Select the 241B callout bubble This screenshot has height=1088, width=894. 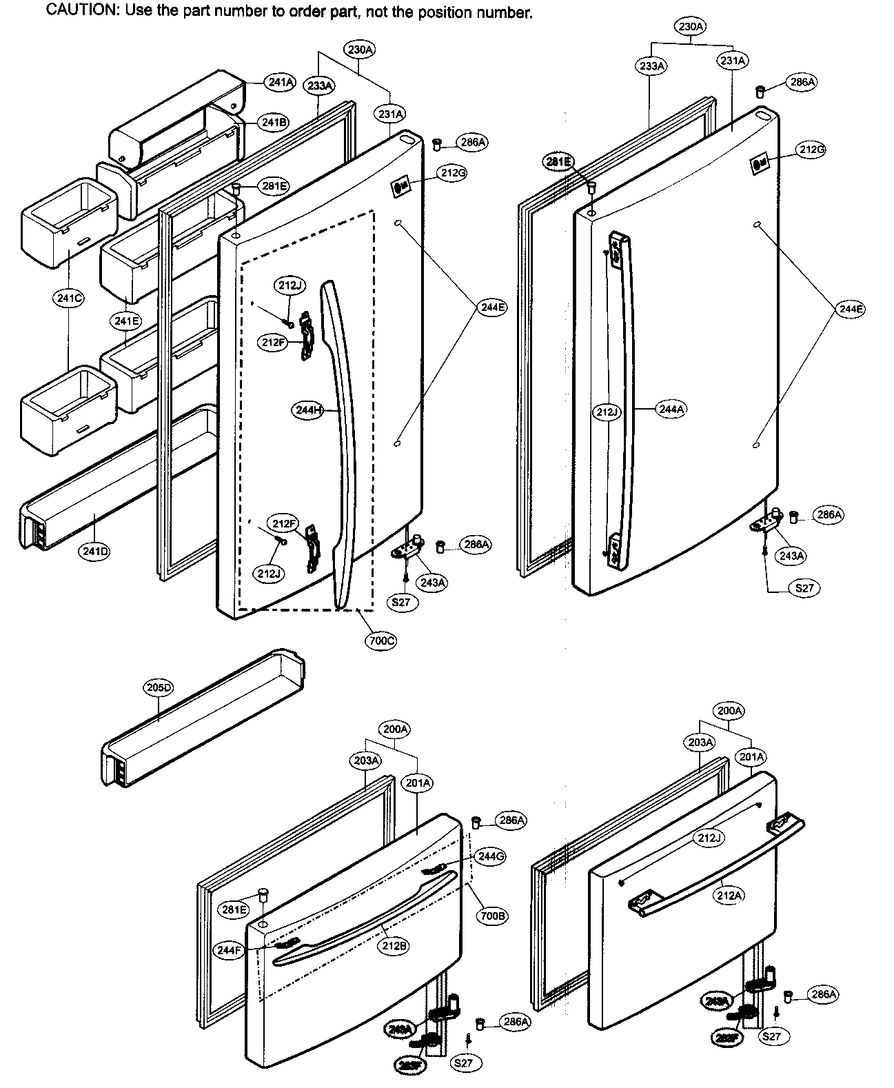[273, 122]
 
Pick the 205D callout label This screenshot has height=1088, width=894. [159, 687]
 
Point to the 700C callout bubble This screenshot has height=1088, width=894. [381, 641]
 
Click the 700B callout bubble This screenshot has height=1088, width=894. [492, 916]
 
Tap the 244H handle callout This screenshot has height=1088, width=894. [308, 410]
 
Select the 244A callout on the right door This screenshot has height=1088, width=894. [671, 409]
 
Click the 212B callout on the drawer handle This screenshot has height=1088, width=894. [394, 947]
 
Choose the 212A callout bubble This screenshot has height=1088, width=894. [729, 896]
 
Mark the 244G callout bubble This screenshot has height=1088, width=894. [491, 856]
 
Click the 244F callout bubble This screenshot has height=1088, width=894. [229, 950]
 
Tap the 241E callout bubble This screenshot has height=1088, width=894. [127, 321]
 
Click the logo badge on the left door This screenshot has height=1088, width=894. [400, 187]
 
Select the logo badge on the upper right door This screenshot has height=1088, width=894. [759, 165]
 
